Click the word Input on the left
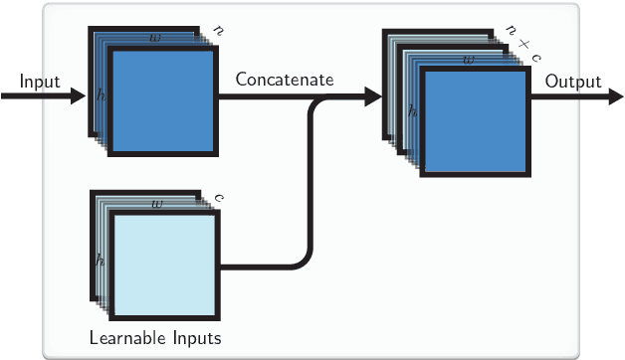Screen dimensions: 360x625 [40, 81]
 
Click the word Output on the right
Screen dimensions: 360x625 [572, 81]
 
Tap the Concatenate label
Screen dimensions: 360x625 [284, 79]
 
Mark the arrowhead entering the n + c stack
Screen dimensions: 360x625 [373, 96]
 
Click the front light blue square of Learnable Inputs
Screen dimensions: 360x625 [165, 265]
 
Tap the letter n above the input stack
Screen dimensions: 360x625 [219, 32]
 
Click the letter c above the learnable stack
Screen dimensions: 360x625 [219, 197]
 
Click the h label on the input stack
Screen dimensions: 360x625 [101, 95]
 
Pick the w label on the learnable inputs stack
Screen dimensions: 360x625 [157, 203]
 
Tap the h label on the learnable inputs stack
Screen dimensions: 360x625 [101, 261]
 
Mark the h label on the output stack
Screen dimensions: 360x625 [413, 113]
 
